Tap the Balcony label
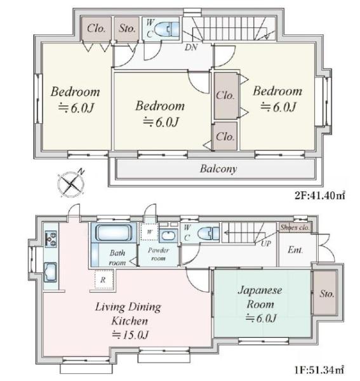coord(218,169)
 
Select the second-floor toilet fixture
coord(167,29)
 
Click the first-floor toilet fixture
coord(208,234)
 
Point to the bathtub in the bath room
coord(114,232)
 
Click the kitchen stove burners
coord(51,239)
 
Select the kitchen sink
coord(50,272)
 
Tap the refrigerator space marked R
coord(104,279)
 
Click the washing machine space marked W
coord(149,232)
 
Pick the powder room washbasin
coord(167,235)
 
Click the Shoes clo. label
coord(295,228)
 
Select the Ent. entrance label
coord(295,250)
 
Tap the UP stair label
coord(266,243)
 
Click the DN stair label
coord(191,47)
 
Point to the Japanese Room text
coord(260,297)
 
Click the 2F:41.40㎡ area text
coord(320,195)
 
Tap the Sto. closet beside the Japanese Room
coord(325,293)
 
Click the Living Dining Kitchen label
coord(128,314)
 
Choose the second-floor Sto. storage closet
coord(126,29)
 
